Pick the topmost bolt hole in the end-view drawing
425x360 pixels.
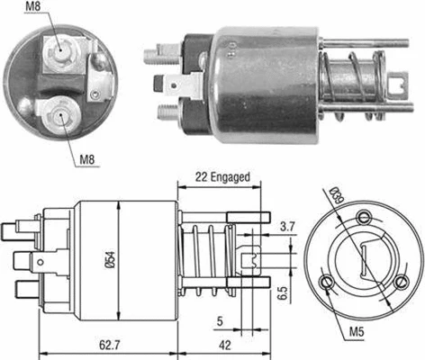click(364, 216)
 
